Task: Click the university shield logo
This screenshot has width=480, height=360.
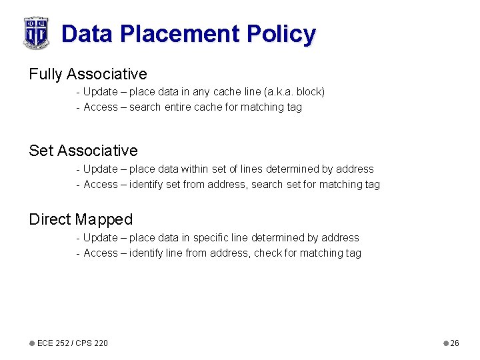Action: [36, 33]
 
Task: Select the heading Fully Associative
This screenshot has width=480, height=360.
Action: [87, 74]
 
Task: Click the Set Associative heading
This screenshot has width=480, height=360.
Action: [83, 151]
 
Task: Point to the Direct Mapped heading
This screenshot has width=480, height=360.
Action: [81, 219]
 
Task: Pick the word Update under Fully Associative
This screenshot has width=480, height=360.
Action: [101, 92]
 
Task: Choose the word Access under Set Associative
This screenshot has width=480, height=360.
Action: [101, 185]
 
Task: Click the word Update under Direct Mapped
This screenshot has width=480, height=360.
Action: [101, 238]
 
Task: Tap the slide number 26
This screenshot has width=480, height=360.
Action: [455, 343]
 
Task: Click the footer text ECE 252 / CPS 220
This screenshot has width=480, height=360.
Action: [73, 343]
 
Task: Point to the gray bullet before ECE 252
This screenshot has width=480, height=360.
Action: [32, 343]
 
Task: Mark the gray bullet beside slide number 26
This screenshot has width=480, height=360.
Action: [446, 343]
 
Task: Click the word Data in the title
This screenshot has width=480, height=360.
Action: [84, 33]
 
